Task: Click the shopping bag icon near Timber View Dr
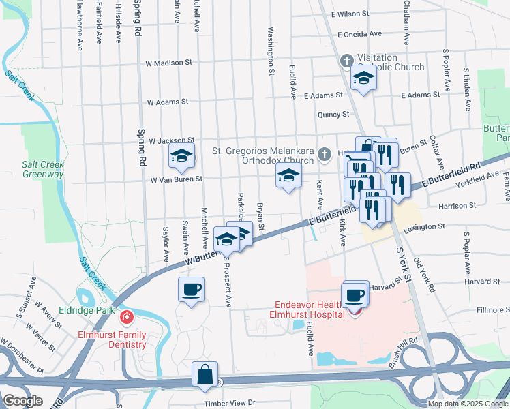tap(205, 374)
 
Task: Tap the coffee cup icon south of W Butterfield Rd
tap(191, 289)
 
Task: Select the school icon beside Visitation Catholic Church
tap(363, 80)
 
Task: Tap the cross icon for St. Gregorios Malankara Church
tap(325, 153)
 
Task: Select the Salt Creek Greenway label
tap(42, 169)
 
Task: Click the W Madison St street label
tap(168, 63)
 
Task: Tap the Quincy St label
tap(333, 115)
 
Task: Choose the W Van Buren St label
tap(177, 179)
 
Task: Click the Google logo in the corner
tap(23, 400)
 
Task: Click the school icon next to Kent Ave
tap(288, 177)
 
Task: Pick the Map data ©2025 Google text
tap(467, 404)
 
